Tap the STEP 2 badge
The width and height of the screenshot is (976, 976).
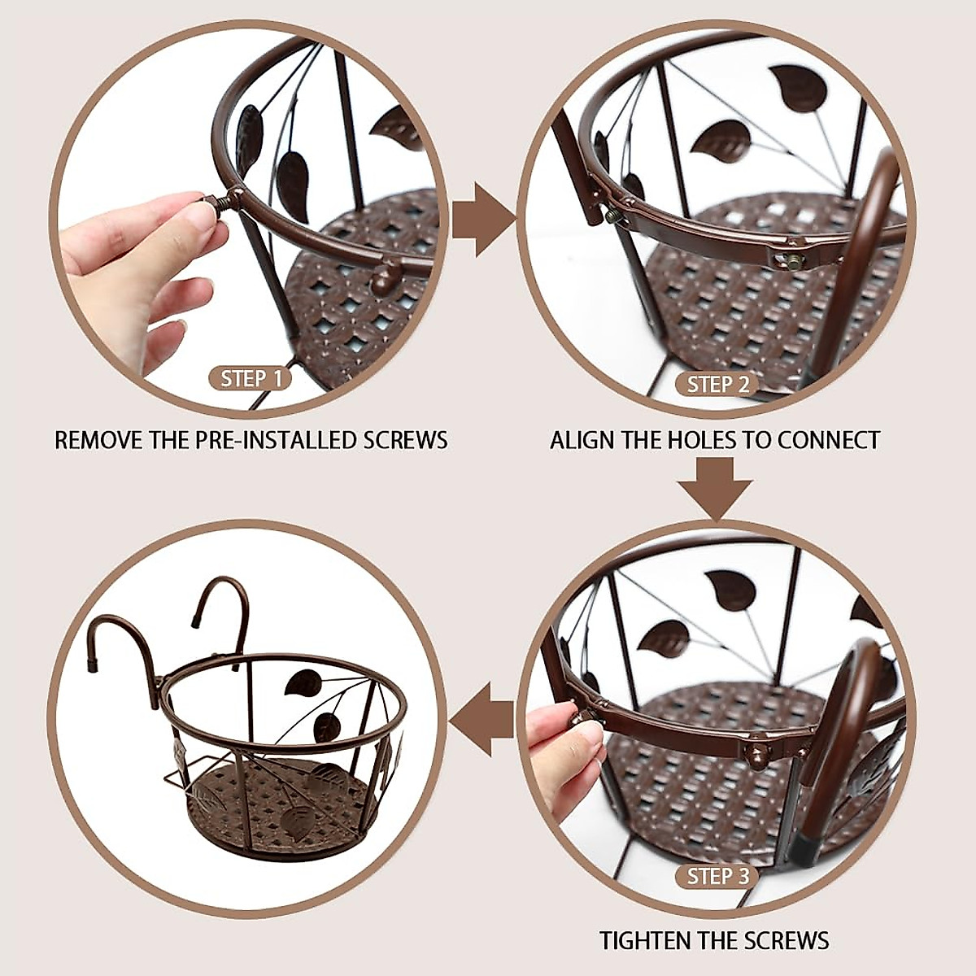(x=718, y=384)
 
